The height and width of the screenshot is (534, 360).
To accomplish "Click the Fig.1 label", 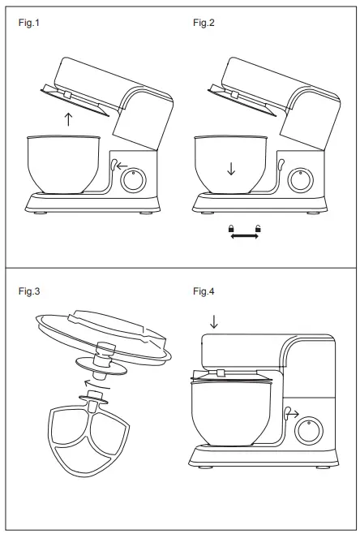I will (x=28, y=22).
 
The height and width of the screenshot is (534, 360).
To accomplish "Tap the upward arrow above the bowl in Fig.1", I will (x=68, y=120).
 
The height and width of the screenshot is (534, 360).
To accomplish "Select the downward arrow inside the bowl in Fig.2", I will (x=231, y=169).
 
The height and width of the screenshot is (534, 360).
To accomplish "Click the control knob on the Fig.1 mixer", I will (x=131, y=180).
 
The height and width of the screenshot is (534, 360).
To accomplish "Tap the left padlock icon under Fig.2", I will (x=232, y=229).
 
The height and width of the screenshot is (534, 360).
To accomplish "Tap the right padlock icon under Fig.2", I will (x=259, y=229).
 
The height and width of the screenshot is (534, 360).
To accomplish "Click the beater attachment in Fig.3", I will (x=86, y=438).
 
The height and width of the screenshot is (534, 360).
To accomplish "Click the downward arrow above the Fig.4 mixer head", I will (x=214, y=321).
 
